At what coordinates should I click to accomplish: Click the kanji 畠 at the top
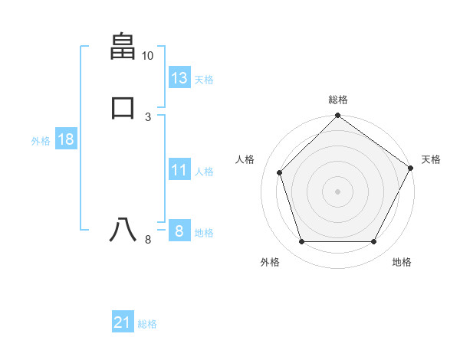coord(123,47)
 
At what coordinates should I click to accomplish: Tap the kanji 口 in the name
coord(123,106)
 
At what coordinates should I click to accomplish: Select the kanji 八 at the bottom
coord(123,230)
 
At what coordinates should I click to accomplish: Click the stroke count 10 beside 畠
coord(147,56)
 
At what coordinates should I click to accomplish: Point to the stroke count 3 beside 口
coord(148,116)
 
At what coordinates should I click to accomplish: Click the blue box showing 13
coord(179,78)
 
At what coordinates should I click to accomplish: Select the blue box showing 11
coord(179,170)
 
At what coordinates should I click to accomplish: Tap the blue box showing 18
coord(65,139)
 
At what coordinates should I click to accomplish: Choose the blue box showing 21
coord(122,323)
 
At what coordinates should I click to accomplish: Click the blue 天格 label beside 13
coord(204,80)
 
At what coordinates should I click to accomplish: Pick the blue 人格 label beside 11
coord(204,172)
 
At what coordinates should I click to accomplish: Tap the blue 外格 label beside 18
coord(41,141)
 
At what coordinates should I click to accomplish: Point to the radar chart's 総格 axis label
coord(338,100)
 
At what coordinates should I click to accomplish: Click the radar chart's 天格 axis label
coord(431,159)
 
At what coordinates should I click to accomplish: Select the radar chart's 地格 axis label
coord(402,262)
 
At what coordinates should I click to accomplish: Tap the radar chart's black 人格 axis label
coord(245,159)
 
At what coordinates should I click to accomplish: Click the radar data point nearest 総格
coord(338,116)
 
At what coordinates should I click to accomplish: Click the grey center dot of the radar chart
coord(338,191)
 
